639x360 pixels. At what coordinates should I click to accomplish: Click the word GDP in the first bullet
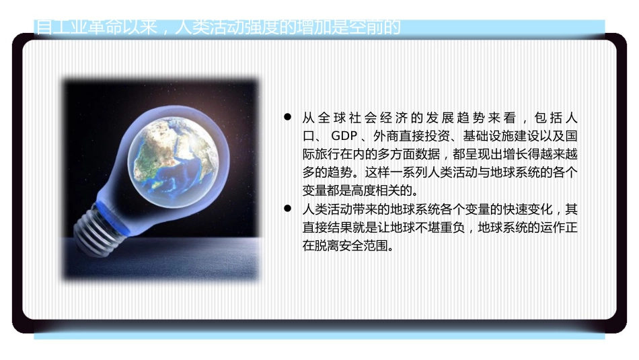[x=344, y=135]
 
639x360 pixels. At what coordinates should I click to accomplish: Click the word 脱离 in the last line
[x=326, y=246]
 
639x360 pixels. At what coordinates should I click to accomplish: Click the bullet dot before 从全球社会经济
[x=287, y=117]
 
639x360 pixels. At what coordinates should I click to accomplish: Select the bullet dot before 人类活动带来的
[x=287, y=209]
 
